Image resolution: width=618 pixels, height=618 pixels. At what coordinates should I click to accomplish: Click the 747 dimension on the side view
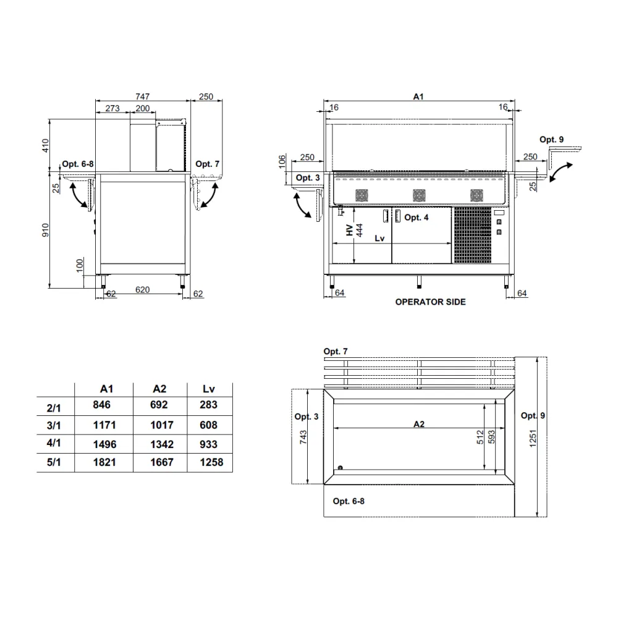point(143,97)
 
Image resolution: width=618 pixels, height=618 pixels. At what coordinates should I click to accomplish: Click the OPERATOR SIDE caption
point(430,302)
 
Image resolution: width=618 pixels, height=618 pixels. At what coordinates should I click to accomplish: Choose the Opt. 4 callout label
point(416,217)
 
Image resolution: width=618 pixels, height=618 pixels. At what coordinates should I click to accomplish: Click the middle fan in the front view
point(418,195)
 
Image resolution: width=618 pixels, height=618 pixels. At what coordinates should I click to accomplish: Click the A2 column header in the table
point(159,389)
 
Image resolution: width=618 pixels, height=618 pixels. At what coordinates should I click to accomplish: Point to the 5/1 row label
point(55,463)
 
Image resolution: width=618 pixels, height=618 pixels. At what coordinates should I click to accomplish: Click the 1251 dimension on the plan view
point(533,437)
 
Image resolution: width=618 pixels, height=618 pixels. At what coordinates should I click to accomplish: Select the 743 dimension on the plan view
point(303,436)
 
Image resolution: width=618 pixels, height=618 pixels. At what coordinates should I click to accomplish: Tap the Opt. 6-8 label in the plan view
point(349,501)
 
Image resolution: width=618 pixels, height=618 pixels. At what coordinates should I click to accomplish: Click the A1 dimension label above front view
point(418,97)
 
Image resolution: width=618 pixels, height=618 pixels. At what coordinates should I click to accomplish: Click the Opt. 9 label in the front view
point(551,140)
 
